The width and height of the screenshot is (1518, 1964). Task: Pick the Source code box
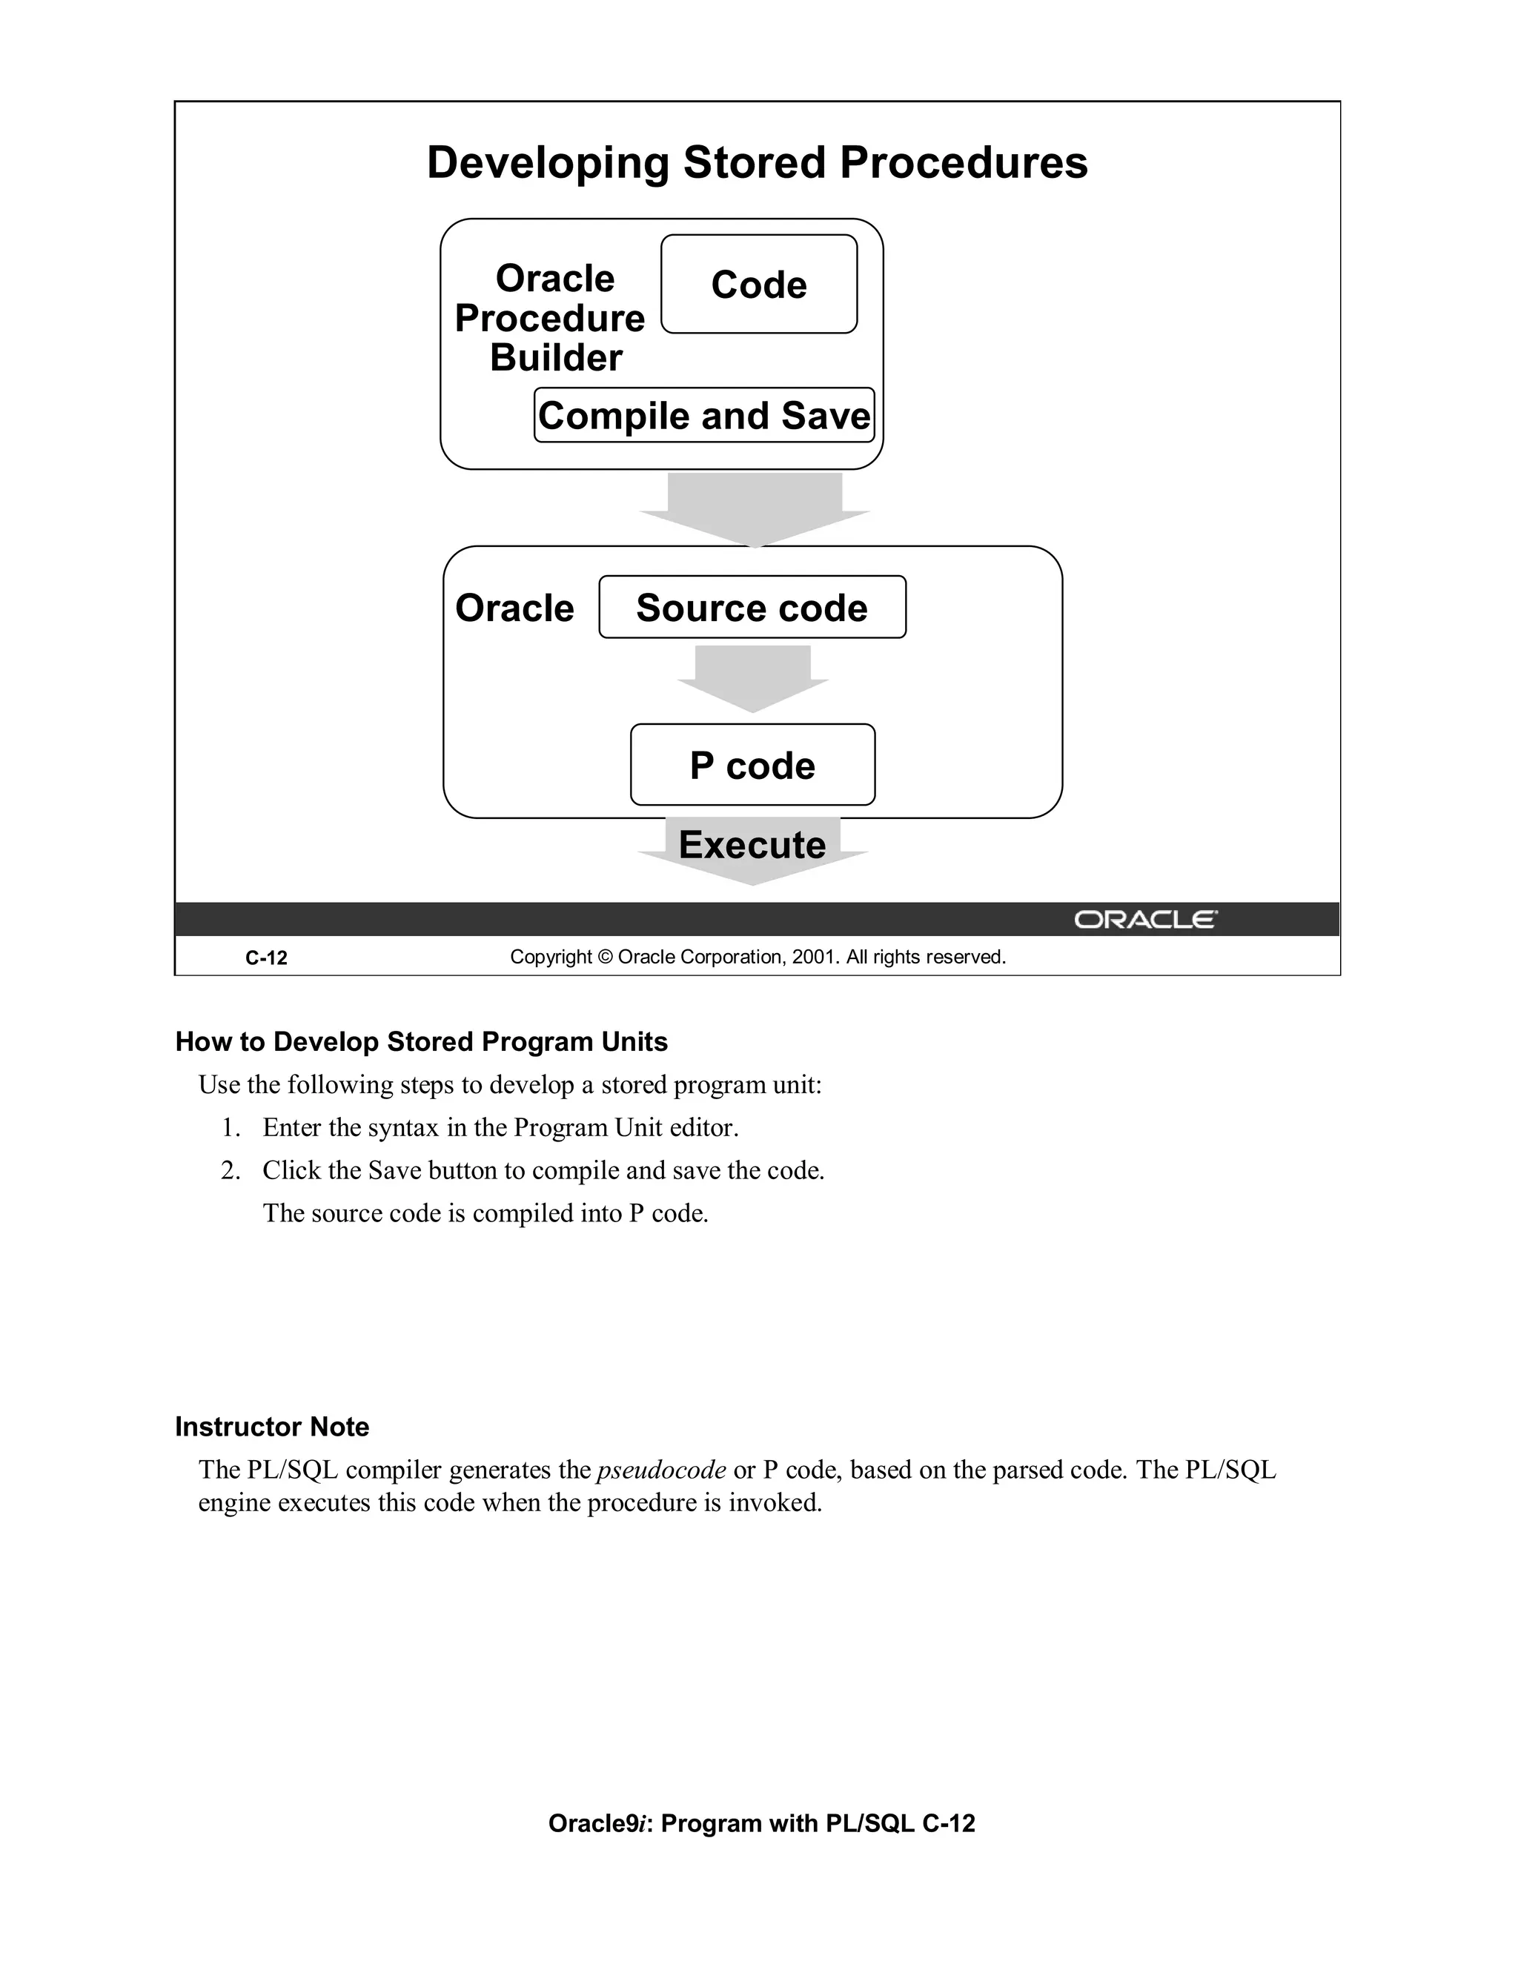752,608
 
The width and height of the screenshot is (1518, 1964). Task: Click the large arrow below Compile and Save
755,506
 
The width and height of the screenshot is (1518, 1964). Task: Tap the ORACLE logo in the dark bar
1144,920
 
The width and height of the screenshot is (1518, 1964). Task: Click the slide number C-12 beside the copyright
266,958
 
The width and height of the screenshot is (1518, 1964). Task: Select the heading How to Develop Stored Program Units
421,1042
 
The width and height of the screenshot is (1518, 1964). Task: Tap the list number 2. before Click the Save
231,1171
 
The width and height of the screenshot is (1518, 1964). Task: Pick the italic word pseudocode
661,1470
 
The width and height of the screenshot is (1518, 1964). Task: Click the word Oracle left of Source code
514,608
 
